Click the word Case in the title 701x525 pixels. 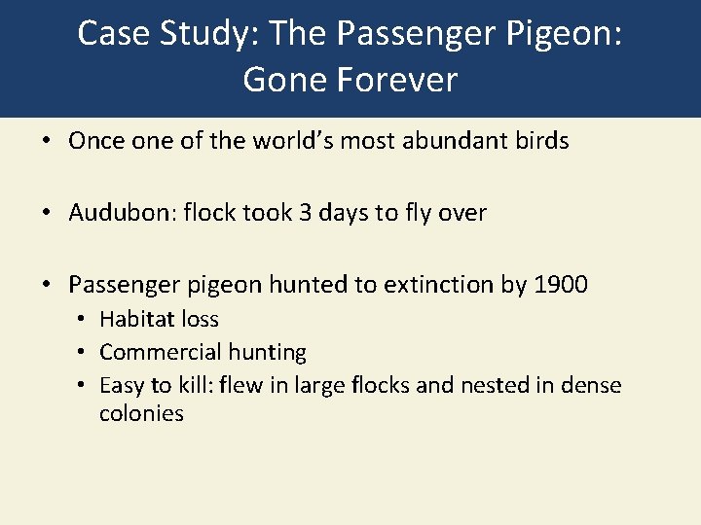(x=109, y=34)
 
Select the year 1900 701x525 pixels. (x=561, y=285)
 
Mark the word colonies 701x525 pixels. (x=141, y=413)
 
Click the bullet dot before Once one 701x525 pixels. (x=47, y=142)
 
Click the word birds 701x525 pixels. (x=541, y=141)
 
